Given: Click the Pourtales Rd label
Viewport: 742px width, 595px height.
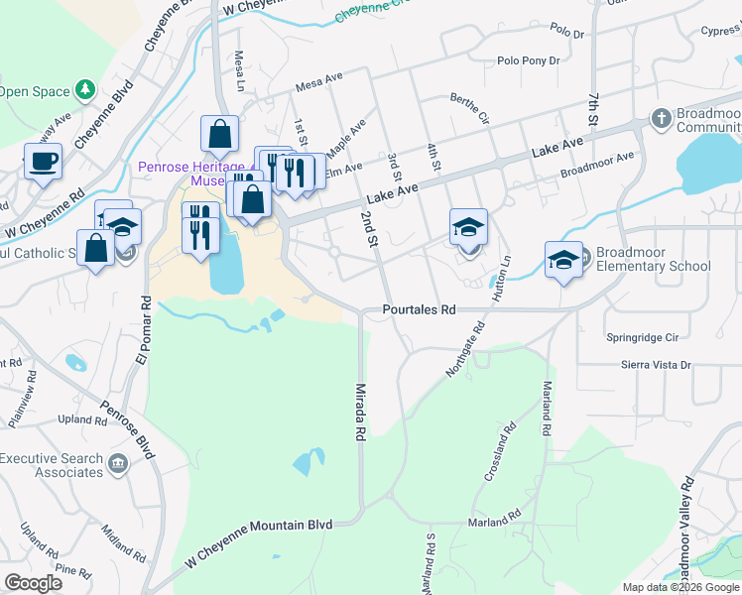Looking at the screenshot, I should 419,310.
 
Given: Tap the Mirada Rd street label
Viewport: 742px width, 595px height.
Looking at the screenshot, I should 360,414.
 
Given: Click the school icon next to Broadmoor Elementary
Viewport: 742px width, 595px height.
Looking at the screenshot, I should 563,260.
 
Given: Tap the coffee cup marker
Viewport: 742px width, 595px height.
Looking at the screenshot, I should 43,161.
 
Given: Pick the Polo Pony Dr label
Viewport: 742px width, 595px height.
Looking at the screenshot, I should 529,60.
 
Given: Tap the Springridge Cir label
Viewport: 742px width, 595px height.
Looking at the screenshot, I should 648,337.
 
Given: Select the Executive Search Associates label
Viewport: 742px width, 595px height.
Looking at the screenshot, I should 52,465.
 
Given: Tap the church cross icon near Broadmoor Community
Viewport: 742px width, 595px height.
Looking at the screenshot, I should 662,119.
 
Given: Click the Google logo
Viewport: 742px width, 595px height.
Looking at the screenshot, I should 34,583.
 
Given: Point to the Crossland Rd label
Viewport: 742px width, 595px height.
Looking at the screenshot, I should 502,454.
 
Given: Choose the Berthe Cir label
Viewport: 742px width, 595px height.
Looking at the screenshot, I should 470,108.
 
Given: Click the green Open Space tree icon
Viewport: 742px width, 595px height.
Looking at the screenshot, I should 85,91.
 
